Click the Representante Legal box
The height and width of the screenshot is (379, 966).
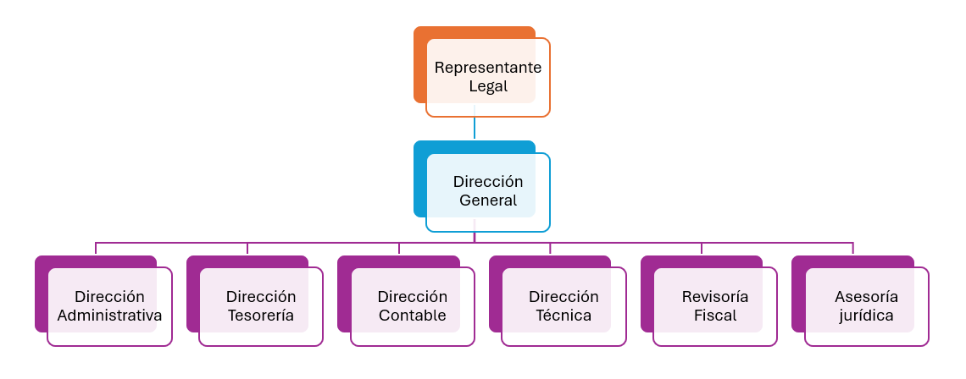[x=487, y=77]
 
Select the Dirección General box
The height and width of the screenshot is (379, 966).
[x=487, y=192]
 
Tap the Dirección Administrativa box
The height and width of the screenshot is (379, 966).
[x=109, y=306]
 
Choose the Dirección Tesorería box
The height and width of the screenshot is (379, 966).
[x=261, y=306]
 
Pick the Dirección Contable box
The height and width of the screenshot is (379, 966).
[x=412, y=306]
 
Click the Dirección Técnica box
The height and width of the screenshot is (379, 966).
[x=563, y=306]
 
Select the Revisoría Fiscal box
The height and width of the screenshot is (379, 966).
[x=715, y=306]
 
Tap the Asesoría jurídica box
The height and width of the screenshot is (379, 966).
[x=866, y=306]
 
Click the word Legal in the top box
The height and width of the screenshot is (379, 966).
[x=488, y=86]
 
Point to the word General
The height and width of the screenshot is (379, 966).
[x=488, y=201]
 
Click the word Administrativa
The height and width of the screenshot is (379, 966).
[x=109, y=316]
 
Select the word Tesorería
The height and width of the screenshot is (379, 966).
[x=261, y=316]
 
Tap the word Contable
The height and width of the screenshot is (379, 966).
[x=412, y=316]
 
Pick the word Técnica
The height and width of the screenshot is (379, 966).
[x=563, y=316]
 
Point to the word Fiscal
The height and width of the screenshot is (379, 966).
[x=715, y=316]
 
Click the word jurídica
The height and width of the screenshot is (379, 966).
[x=866, y=316]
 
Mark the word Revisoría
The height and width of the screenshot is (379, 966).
[x=715, y=297]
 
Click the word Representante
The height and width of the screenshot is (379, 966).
[x=488, y=68]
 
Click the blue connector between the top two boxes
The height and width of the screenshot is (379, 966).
[x=475, y=128]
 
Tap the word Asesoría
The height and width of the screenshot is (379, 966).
[x=866, y=297]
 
